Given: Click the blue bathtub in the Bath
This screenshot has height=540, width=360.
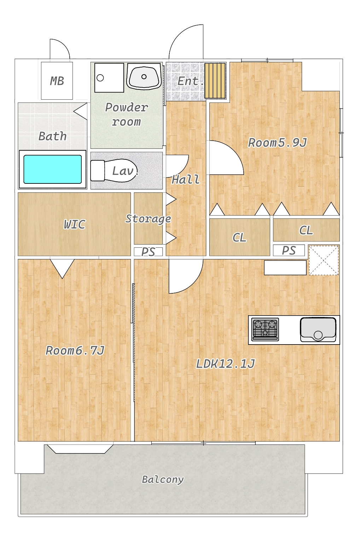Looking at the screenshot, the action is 52,169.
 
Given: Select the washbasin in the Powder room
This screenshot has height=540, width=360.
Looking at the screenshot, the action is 144,76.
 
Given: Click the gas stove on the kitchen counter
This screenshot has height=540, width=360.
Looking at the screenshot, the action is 265,329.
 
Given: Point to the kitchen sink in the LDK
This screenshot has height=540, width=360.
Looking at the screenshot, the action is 318,329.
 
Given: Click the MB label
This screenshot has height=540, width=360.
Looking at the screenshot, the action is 57,81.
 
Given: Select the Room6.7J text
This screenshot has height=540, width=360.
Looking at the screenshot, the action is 75,351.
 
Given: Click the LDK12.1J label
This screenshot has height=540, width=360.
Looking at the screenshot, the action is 225,364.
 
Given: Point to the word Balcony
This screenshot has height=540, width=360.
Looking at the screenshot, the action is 163,480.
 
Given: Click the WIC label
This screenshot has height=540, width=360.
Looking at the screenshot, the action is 75,224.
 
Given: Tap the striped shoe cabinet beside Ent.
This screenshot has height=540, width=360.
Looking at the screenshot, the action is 215,81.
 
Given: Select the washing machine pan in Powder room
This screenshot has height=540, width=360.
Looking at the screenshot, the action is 109,78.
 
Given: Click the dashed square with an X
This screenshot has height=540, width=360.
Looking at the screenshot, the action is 324,260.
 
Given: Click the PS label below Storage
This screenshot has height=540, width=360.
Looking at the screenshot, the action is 148,252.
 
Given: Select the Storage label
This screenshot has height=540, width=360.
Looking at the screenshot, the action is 148,219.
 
